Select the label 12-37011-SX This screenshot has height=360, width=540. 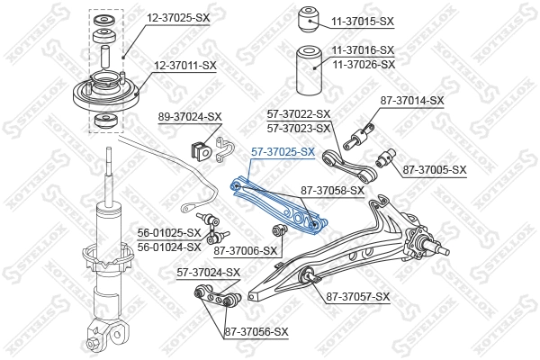point(185,65)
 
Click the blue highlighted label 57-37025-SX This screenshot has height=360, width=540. point(283,152)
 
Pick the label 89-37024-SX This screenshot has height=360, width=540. point(190,117)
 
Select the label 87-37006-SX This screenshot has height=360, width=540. point(246,251)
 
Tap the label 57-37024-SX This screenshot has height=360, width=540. point(209,272)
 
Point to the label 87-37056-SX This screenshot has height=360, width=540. point(256,331)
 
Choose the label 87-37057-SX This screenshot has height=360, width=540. point(358,296)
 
